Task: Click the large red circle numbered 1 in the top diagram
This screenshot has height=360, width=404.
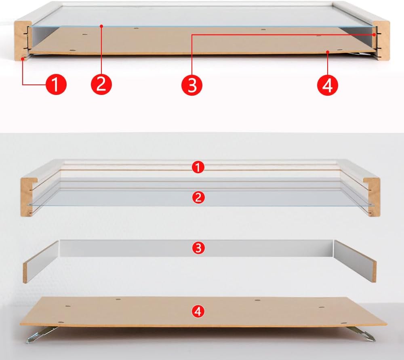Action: [x=56, y=84]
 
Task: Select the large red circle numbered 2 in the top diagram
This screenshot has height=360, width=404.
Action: [x=101, y=84]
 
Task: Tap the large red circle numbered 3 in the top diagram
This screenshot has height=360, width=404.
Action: [x=192, y=85]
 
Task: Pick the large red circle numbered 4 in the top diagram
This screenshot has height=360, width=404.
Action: [x=328, y=85]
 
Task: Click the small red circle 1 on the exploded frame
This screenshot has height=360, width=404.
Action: [x=198, y=167]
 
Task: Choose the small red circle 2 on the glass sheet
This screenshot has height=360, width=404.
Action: [x=198, y=198]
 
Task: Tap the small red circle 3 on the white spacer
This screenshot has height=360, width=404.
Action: [x=198, y=248]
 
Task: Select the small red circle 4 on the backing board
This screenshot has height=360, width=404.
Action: [x=198, y=311]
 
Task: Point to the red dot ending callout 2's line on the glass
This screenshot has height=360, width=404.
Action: [x=101, y=26]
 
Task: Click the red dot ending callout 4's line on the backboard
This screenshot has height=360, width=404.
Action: [x=328, y=52]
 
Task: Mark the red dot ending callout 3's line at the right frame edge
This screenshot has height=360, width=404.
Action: [x=374, y=34]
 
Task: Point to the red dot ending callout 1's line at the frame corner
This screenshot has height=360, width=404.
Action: [x=23, y=59]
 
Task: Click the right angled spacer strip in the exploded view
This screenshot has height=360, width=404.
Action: [x=355, y=261]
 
